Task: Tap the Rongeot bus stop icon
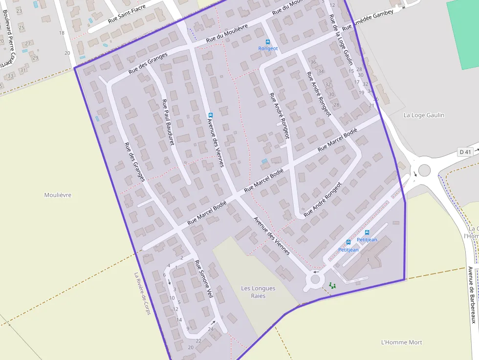(267, 42)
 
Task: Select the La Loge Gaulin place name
(424, 115)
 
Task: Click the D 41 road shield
(465, 152)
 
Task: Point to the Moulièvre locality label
(58, 195)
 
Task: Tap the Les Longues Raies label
(258, 292)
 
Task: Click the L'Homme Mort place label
(401, 342)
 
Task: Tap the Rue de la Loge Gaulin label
(341, 40)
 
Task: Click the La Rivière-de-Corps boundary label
(142, 293)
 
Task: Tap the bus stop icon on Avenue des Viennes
(211, 115)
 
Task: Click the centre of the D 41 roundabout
(424, 170)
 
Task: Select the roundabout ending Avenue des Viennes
(315, 280)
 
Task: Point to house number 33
(10, 76)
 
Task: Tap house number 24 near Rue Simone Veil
(211, 329)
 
